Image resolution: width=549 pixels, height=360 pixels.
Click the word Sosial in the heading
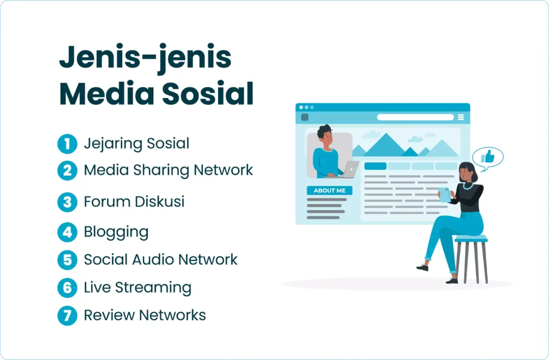click(208, 93)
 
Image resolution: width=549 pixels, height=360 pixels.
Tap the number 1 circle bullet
click(67, 144)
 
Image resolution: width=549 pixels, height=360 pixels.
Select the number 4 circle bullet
click(67, 232)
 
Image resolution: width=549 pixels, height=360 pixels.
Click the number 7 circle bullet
click(67, 316)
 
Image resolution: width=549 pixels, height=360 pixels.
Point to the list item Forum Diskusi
click(134, 201)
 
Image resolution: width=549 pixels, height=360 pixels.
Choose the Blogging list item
click(116, 232)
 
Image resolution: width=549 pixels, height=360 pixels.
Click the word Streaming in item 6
click(153, 288)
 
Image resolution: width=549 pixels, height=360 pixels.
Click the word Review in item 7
click(109, 315)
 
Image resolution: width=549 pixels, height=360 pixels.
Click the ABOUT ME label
click(330, 190)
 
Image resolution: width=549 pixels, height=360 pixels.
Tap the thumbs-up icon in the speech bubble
click(487, 156)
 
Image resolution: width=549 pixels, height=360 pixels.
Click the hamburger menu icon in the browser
click(461, 117)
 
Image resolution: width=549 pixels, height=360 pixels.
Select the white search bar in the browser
click(416, 117)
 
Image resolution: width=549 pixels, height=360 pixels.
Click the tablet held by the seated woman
click(445, 194)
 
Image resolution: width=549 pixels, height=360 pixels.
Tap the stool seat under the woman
click(471, 238)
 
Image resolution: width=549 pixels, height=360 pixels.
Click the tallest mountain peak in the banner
click(385, 134)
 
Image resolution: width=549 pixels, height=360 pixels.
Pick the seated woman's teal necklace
click(468, 185)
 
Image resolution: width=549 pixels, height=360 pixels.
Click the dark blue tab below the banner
click(375, 166)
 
